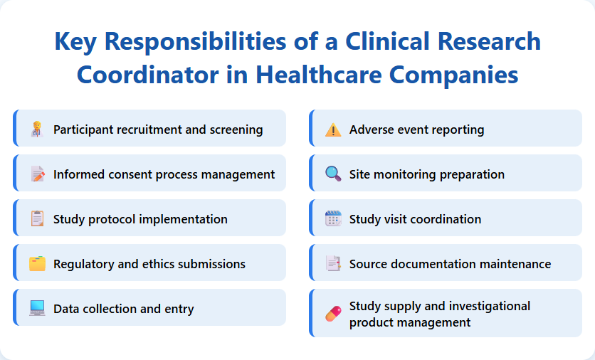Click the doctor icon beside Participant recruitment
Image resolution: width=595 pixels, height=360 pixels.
tap(37, 129)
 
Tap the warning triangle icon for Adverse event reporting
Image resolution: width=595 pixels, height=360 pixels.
tap(333, 129)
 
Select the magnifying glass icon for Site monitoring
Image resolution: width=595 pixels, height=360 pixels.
tap(333, 174)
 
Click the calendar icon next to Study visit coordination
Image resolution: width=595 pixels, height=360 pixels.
tap(333, 219)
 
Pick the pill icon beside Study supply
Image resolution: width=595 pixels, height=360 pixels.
tap(333, 314)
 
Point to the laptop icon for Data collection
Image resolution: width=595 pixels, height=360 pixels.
tap(37, 309)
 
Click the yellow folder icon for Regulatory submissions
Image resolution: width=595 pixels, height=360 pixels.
tap(37, 264)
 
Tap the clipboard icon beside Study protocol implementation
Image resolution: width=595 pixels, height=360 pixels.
tap(37, 219)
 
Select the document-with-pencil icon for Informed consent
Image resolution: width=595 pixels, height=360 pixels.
tap(37, 174)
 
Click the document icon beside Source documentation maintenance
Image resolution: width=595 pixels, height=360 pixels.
tap(333, 264)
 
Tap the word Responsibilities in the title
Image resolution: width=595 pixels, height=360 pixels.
tap(196, 42)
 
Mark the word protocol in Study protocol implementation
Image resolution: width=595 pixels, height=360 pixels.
tap(112, 219)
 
